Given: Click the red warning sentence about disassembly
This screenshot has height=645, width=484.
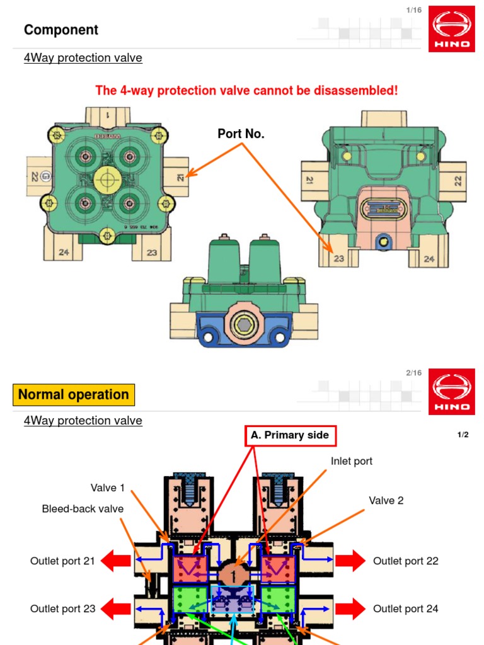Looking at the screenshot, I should click(246, 90).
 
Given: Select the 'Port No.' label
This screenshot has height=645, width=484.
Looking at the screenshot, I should click(241, 134).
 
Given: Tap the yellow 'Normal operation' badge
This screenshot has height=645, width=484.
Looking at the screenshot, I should click(74, 395).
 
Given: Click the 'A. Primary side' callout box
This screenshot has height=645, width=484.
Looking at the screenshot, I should click(290, 435).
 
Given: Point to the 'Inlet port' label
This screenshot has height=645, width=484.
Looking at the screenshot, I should click(351, 461).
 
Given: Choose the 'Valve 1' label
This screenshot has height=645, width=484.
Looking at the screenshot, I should click(108, 488).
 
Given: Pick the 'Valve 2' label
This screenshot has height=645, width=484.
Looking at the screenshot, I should click(386, 501).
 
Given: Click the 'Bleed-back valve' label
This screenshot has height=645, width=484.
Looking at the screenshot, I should click(83, 509).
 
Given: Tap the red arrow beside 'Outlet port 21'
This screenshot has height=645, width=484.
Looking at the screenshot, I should click(115, 561).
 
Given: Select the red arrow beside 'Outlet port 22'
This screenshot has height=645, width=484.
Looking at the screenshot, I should click(350, 561).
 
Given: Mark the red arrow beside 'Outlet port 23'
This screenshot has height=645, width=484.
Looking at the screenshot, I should click(115, 608).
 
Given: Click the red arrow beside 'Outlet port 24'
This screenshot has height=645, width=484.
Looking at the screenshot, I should click(350, 608).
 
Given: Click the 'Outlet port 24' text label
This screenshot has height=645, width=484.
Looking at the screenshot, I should click(405, 608).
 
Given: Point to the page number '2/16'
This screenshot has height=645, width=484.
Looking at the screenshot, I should click(413, 373).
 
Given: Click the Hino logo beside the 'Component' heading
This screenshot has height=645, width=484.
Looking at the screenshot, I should click(451, 29).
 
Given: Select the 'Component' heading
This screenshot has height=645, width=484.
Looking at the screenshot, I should click(61, 30).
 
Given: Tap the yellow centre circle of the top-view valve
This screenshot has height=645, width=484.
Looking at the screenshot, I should click(108, 180).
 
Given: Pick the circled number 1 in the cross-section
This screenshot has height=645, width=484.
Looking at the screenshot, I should click(234, 575).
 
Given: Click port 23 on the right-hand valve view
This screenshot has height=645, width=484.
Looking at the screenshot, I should click(338, 258).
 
